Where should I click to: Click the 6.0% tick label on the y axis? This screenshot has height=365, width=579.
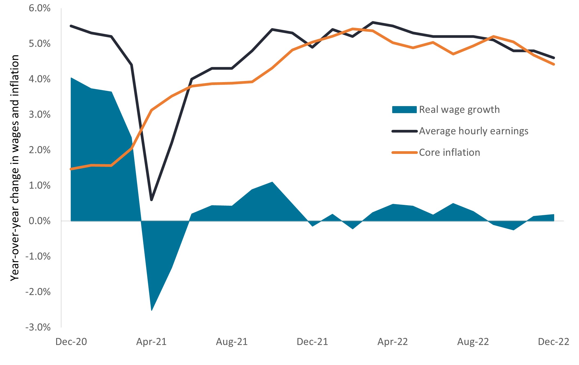[x=39, y=8]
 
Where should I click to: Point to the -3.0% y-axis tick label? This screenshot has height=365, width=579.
[x=38, y=327]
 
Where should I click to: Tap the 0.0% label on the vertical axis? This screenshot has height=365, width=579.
[x=39, y=221]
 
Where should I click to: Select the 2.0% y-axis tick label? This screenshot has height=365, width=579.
[x=39, y=150]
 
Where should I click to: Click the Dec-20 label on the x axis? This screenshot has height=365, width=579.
[x=71, y=342]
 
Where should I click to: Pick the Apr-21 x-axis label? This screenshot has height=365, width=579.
[x=151, y=342]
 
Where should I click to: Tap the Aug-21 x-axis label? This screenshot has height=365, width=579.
[x=232, y=342]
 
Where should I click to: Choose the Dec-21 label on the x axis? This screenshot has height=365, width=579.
[x=312, y=342]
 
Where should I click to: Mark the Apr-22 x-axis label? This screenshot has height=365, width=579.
[x=392, y=342]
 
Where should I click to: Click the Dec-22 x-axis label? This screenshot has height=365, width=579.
[x=553, y=342]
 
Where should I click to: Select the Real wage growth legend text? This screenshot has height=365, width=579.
[x=459, y=110]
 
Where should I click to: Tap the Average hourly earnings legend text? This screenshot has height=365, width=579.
[x=473, y=131]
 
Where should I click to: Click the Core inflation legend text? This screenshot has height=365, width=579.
[x=449, y=153]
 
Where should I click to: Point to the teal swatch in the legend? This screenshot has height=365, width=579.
[x=404, y=110]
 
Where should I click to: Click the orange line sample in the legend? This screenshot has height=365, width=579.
[x=404, y=153]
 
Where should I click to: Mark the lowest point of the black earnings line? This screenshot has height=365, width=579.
[x=151, y=200]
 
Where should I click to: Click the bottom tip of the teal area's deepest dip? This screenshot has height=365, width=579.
[x=152, y=310]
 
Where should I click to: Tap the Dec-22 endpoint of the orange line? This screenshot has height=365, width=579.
[x=554, y=64]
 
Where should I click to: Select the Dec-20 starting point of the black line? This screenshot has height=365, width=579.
[x=71, y=26]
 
